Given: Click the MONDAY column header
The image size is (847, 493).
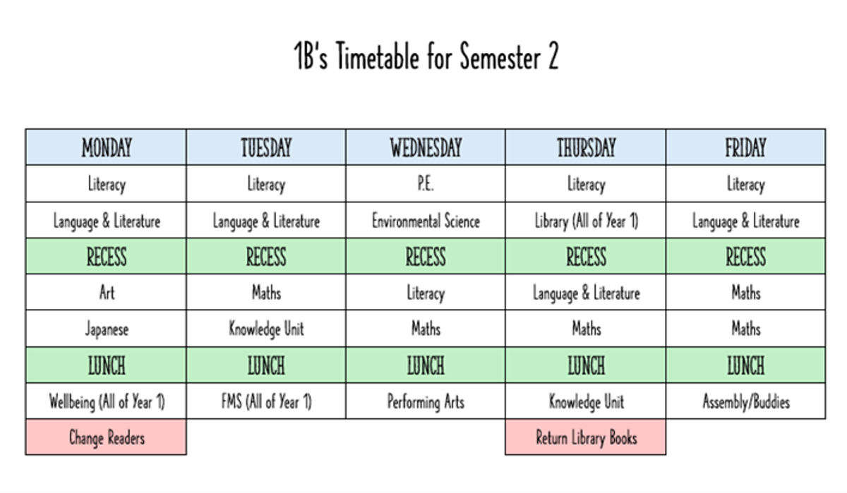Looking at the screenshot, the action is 107,147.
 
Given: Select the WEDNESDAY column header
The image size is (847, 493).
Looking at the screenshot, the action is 426,147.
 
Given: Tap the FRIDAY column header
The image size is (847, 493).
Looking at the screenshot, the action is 745,147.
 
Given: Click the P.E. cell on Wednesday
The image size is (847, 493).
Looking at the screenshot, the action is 426,183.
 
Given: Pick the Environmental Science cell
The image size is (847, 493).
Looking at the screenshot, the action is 426,220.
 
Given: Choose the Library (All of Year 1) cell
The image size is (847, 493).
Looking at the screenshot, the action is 586,220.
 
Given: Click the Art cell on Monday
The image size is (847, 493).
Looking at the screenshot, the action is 107,292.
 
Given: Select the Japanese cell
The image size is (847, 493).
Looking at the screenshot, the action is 107,329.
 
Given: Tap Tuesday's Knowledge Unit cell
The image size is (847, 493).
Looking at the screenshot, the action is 266,329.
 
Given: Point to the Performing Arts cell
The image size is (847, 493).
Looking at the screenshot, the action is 426,401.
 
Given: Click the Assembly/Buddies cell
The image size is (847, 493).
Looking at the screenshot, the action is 745,401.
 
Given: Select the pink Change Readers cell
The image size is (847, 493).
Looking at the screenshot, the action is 107,437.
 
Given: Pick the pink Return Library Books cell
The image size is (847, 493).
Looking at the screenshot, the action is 586,437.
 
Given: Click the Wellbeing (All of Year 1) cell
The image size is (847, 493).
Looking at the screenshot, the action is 107,401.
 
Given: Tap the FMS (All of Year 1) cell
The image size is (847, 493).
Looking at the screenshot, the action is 266,401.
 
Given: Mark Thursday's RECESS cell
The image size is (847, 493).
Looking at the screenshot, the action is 586,256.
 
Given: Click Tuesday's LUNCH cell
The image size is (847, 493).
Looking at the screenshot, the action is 266,365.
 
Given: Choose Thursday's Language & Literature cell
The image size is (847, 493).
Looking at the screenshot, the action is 586,292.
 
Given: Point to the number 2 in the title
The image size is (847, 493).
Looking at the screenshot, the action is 553,56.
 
